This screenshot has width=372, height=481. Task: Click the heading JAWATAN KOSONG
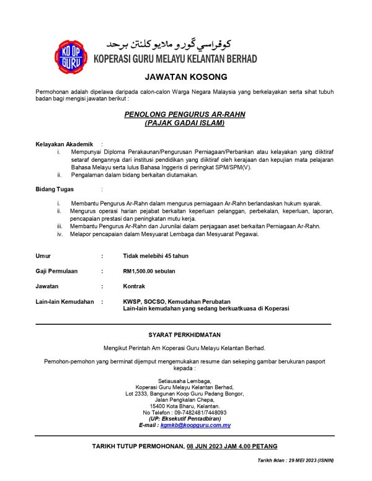tap(185, 77)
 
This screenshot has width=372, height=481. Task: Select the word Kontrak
tap(134, 286)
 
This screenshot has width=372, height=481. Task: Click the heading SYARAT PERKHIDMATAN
tap(184, 335)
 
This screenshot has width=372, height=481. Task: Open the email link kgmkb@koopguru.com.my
tap(195, 425)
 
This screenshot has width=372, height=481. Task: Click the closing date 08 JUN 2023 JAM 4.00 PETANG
tap(232, 446)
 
